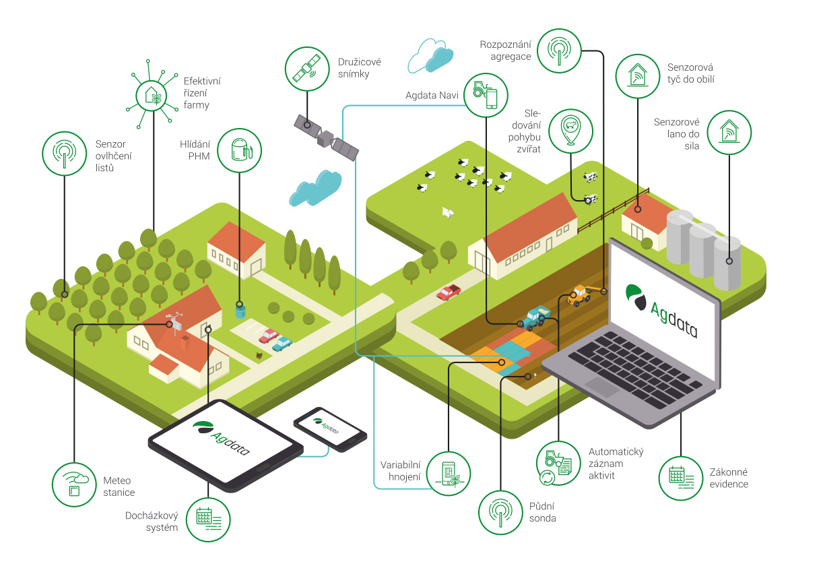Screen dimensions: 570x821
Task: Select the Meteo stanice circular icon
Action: [x=75, y=484]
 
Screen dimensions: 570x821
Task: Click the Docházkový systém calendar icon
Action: [x=207, y=519]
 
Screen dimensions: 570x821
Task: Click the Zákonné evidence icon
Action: [x=680, y=478]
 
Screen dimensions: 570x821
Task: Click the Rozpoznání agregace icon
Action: [x=558, y=49]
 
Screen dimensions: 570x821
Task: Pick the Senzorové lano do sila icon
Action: [x=729, y=132]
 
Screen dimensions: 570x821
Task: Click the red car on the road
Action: [x=448, y=292]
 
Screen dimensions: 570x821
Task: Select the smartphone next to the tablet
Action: [x=330, y=429]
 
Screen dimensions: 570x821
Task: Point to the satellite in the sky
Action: [x=326, y=138]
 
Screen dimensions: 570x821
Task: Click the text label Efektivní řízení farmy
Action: [x=201, y=92]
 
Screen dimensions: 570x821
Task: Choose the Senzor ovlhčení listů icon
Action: [x=64, y=154]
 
